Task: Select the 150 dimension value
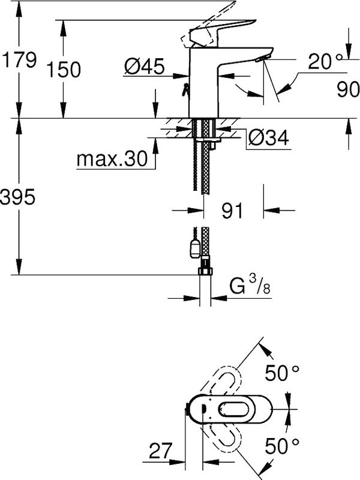coord(65,70)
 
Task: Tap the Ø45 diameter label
coord(145,67)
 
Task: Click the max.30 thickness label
coord(112,159)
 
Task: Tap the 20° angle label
coord(324,61)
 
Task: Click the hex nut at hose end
coord(204,272)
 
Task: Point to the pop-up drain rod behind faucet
coord(186,90)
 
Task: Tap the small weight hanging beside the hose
coord(193,247)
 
